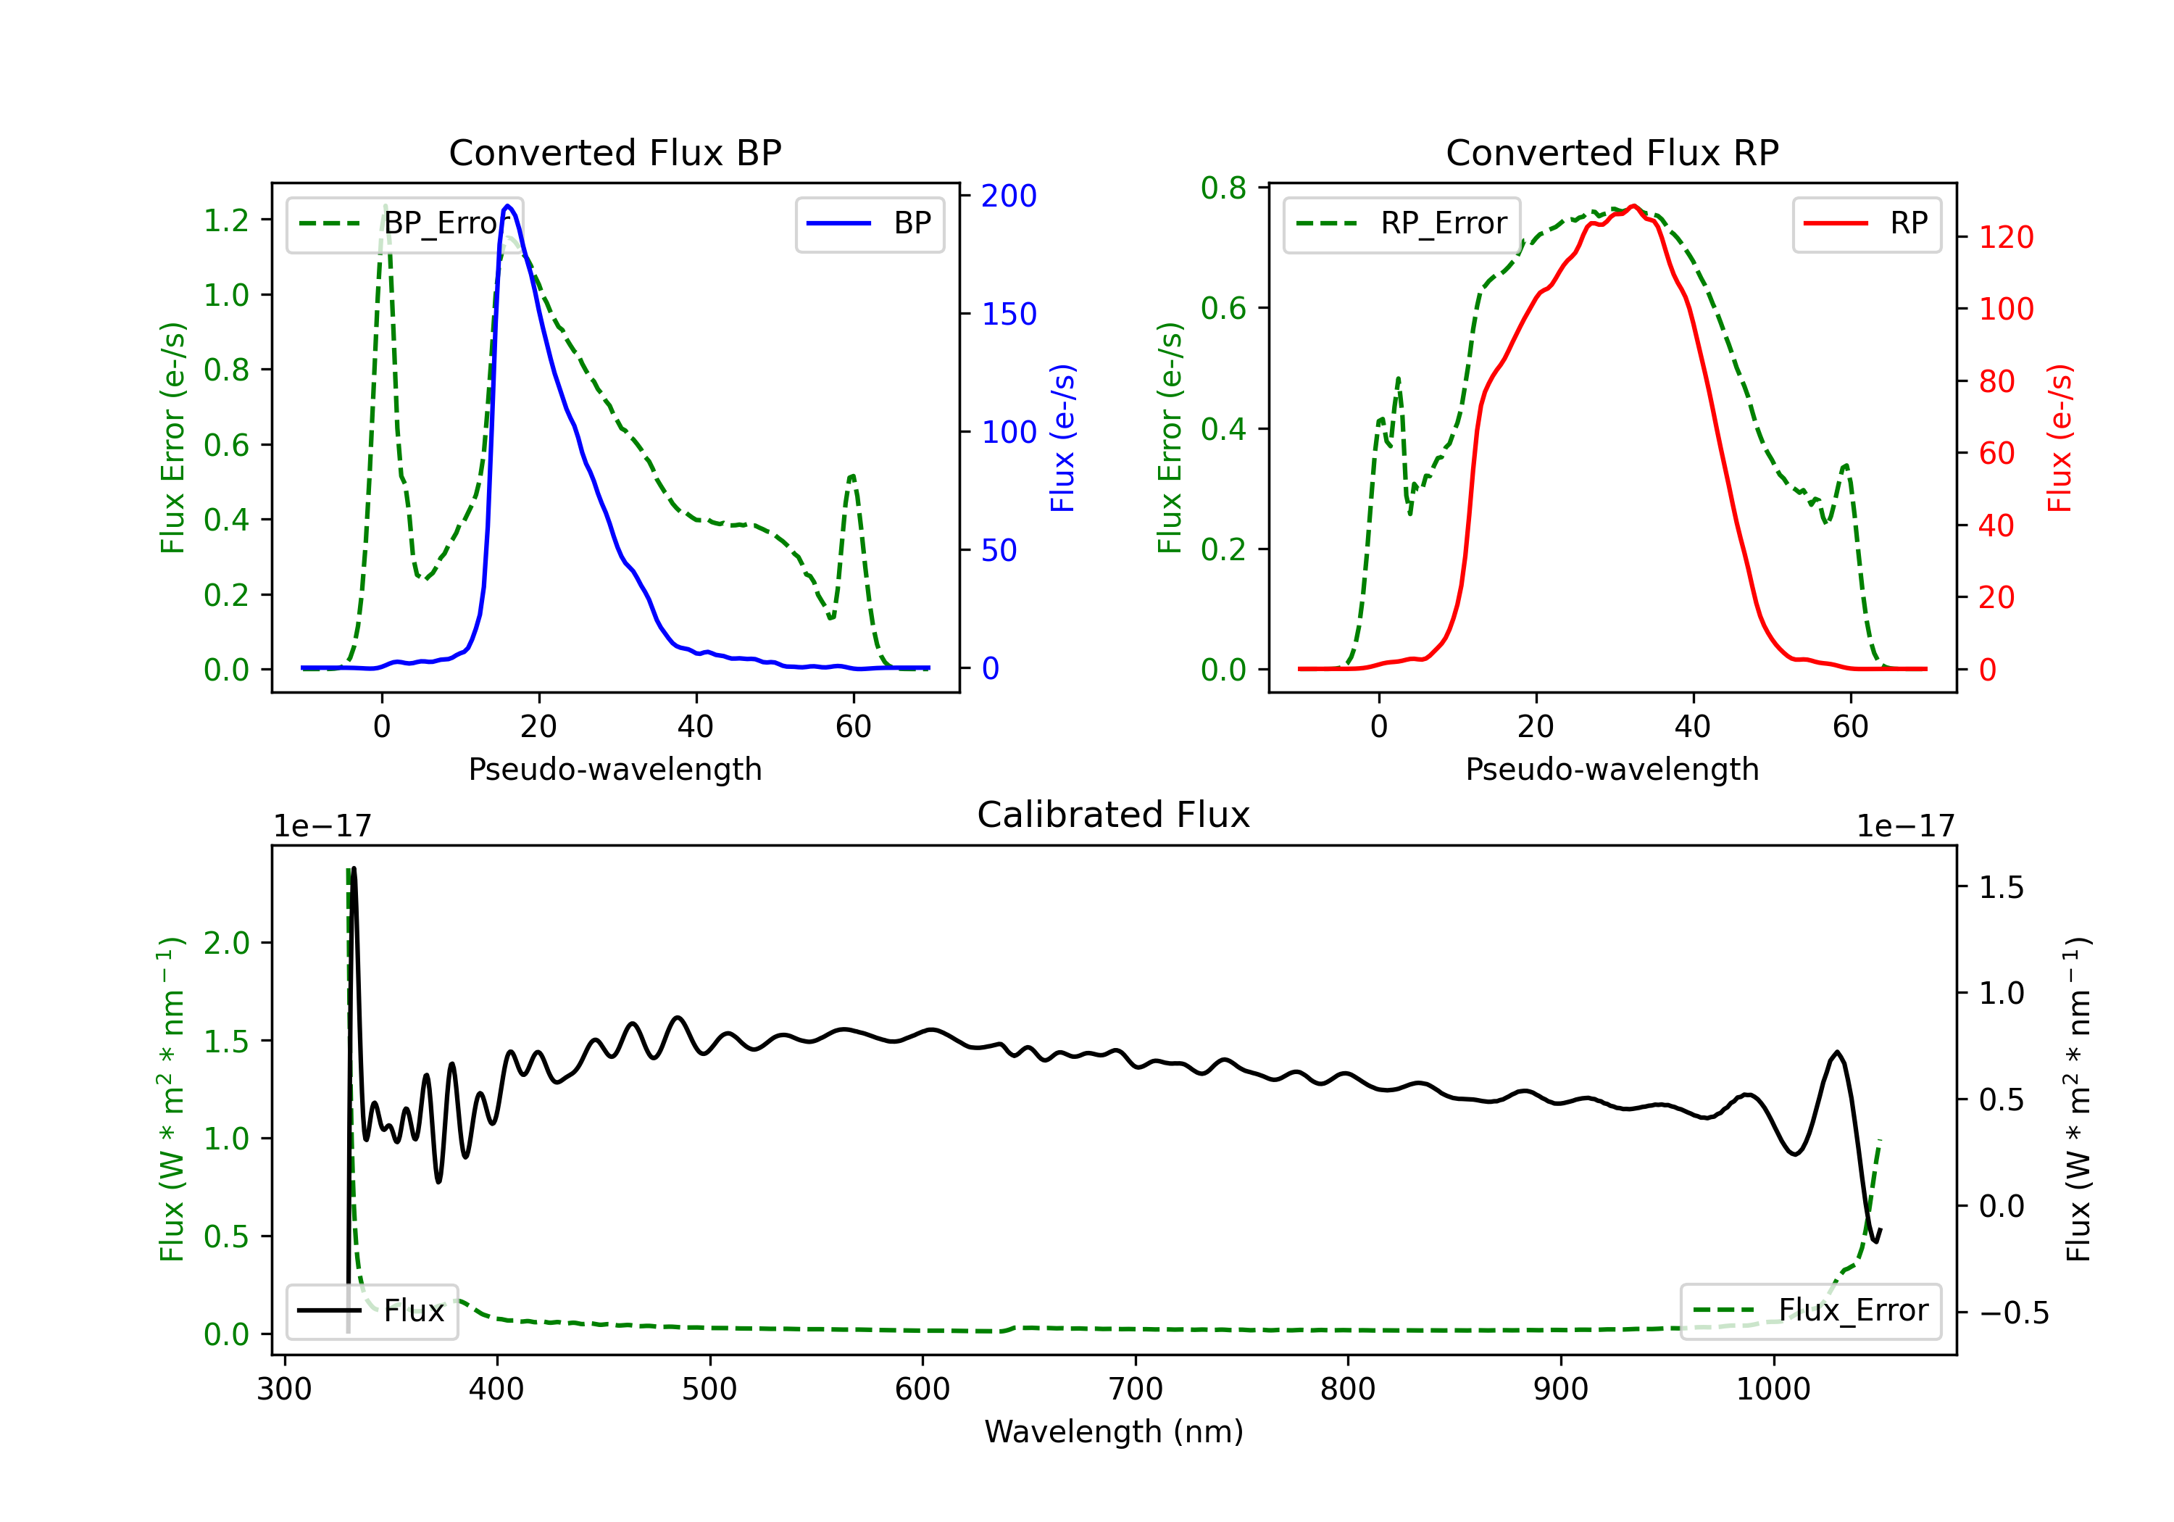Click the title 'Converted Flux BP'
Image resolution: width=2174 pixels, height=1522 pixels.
click(615, 152)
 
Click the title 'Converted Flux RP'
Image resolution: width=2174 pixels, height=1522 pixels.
click(1612, 152)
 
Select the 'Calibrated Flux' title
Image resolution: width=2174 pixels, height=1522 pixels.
click(1114, 815)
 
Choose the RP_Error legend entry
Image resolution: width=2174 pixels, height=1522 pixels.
click(1402, 223)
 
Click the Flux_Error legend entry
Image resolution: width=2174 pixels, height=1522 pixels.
click(1810, 1311)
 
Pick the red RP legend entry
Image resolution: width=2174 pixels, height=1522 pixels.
click(1866, 223)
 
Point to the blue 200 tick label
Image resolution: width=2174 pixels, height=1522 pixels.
click(1009, 196)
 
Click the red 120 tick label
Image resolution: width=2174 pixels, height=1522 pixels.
click(2005, 237)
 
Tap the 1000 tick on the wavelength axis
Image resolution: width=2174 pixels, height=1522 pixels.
click(1773, 1389)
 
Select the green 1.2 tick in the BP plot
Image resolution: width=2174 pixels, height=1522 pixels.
click(226, 220)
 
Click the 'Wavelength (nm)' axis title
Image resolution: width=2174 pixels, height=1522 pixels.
click(1114, 1431)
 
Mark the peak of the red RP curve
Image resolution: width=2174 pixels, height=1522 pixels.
click(1633, 206)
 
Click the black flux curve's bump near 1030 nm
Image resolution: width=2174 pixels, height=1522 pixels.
click(1837, 1052)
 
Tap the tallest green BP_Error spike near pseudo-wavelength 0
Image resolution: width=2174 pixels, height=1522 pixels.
click(384, 206)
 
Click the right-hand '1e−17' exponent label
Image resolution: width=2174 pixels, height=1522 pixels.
click(1905, 827)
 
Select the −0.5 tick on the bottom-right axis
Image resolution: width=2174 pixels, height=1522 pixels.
click(2014, 1313)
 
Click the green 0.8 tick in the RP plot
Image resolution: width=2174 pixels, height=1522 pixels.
click(1223, 188)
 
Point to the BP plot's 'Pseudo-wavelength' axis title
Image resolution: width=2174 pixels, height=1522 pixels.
click(615, 769)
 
